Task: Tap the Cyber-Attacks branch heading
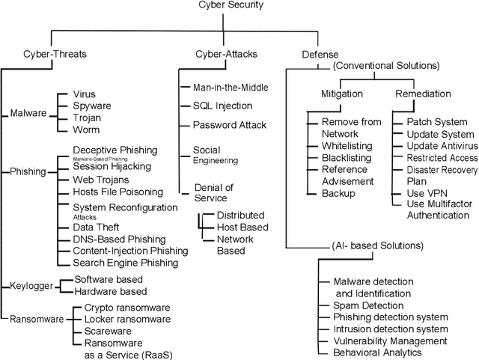pyautogui.click(x=207, y=54)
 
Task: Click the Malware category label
pyautogui.click(x=28, y=113)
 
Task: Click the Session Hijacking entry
pyautogui.click(x=112, y=167)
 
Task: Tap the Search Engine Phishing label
pyautogui.click(x=126, y=263)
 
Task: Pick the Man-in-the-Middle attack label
pyautogui.click(x=225, y=88)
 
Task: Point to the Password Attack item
pyautogui.click(x=225, y=124)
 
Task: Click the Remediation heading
pyautogui.click(x=423, y=94)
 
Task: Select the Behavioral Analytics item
pyautogui.click(x=378, y=353)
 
